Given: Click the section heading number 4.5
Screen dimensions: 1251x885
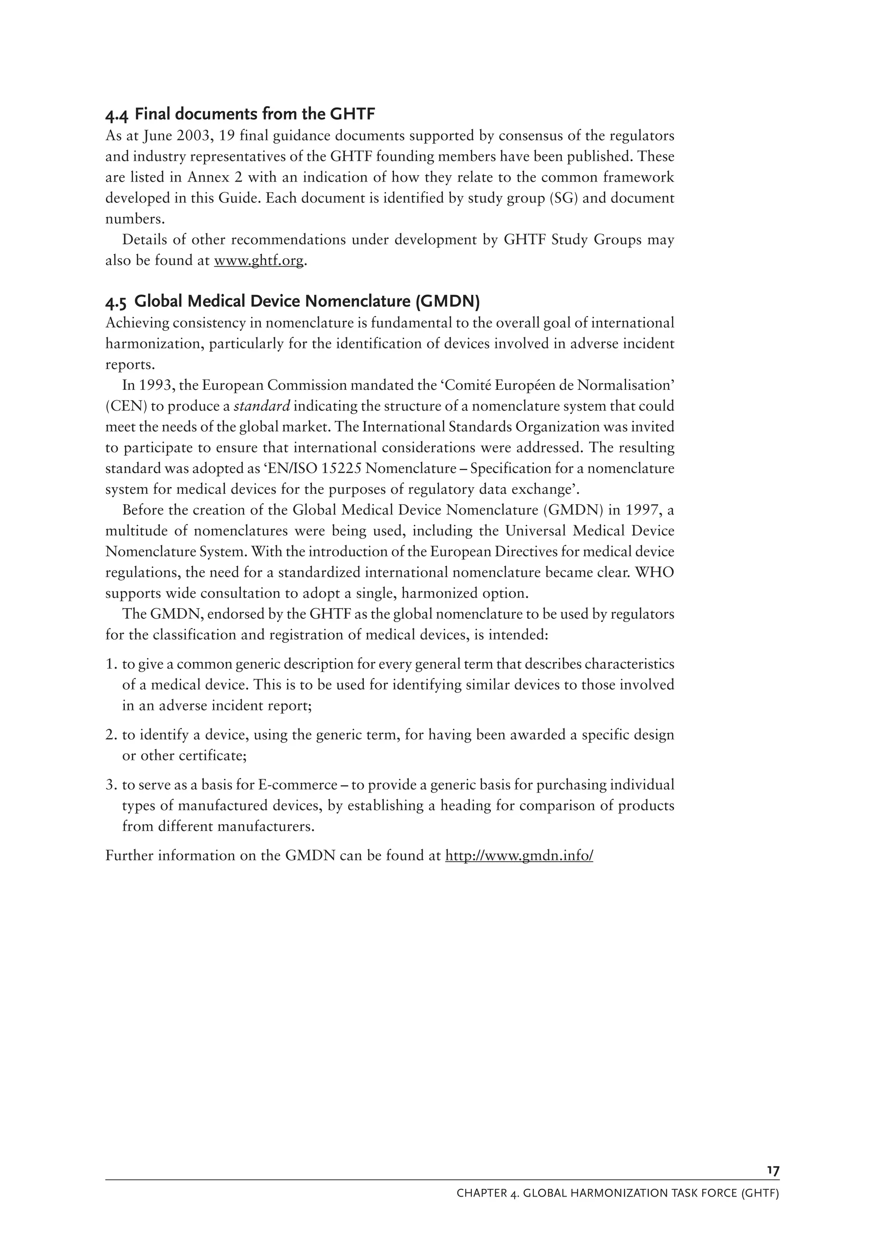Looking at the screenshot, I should coord(117,302).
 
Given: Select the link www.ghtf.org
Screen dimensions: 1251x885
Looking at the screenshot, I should coord(258,261).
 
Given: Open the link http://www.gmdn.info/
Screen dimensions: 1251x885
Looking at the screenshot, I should coord(519,856).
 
